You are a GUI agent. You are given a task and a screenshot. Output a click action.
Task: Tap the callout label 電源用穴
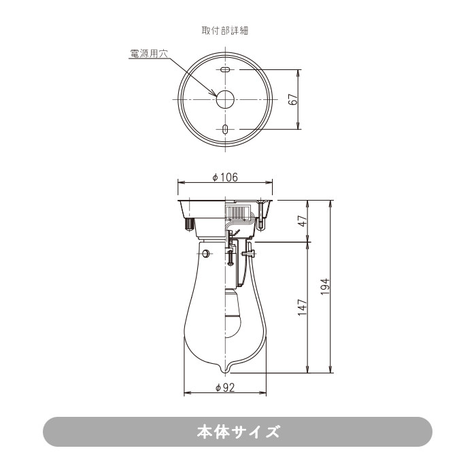(x=148, y=52)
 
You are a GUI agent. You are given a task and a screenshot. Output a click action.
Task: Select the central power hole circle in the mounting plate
(x=225, y=99)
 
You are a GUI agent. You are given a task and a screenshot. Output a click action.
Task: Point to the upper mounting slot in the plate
(x=225, y=70)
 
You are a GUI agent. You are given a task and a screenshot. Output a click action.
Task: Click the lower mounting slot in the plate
(x=225, y=129)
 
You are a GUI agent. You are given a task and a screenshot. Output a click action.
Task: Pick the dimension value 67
(x=293, y=99)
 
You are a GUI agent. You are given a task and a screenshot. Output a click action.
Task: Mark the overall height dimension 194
(x=325, y=286)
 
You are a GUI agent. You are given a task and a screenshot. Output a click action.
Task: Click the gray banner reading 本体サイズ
(x=237, y=432)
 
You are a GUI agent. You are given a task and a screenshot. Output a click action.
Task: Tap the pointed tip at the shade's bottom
(x=225, y=370)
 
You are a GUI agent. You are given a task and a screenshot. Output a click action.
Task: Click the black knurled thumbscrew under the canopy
(x=186, y=222)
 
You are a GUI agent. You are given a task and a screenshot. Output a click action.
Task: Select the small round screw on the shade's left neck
(x=205, y=254)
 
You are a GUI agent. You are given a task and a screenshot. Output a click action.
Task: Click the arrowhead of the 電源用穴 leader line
(x=215, y=95)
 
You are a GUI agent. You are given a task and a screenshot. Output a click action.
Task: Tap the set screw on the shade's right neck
(x=248, y=254)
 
